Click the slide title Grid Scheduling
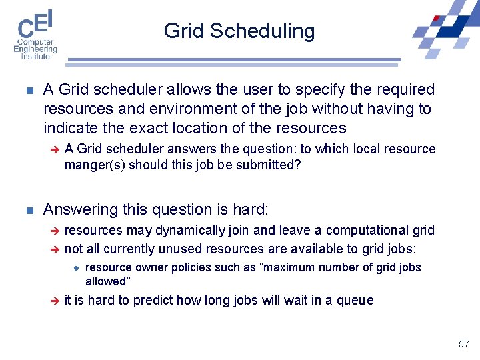(x=239, y=31)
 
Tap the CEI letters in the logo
(x=35, y=26)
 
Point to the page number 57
(x=464, y=344)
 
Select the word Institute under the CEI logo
(x=35, y=57)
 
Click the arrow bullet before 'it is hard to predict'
(x=56, y=301)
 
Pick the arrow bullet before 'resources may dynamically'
(x=56, y=231)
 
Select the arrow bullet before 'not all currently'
(x=56, y=249)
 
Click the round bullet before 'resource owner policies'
(x=77, y=268)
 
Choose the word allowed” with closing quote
(x=106, y=281)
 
